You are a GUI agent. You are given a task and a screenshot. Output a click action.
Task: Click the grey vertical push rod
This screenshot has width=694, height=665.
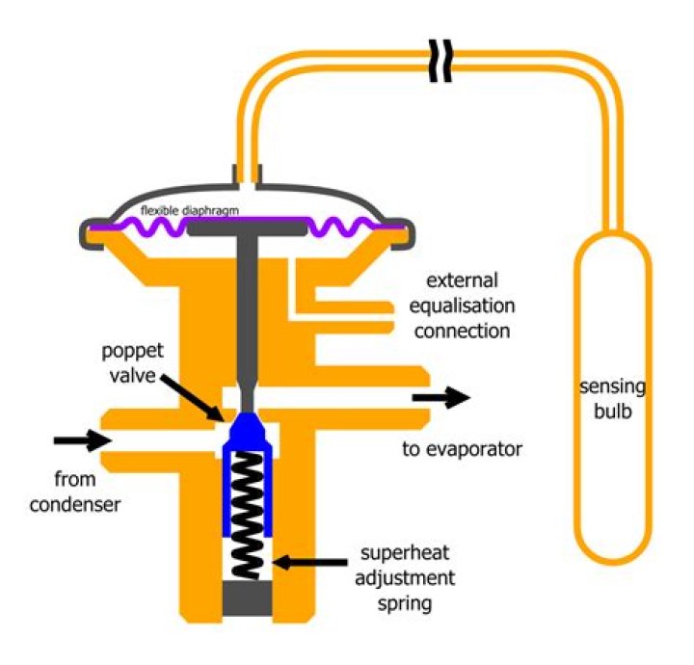(245, 308)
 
